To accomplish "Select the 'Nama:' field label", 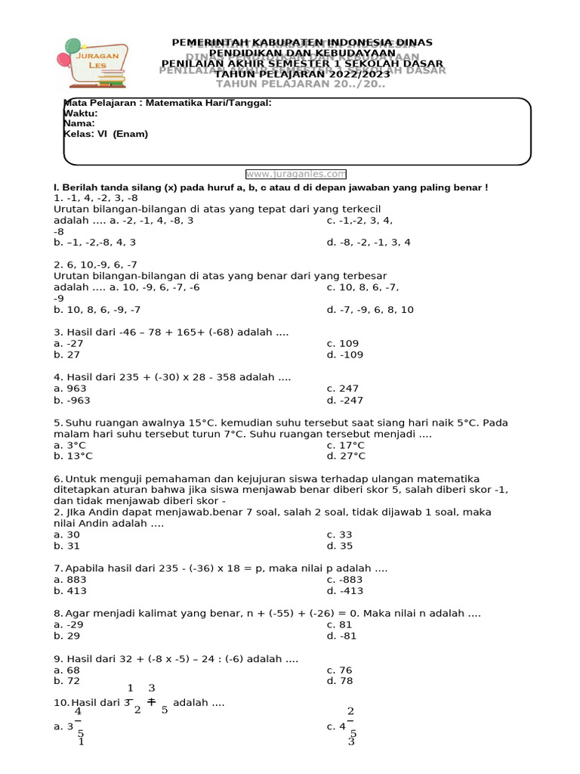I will coord(79,123).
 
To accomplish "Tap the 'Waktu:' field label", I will coord(81,113).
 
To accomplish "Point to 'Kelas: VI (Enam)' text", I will coord(106,134).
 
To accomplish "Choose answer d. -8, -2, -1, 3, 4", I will coord(369,243).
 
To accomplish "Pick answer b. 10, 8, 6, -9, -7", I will coord(97,310).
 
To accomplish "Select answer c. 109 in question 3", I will coord(343,343).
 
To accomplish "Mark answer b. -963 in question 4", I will coord(72,401).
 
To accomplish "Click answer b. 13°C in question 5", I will coord(73,456).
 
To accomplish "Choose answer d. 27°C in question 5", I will coord(346,456).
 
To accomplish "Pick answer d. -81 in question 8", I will coord(341,636).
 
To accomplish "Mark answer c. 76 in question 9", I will coord(340,670).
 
